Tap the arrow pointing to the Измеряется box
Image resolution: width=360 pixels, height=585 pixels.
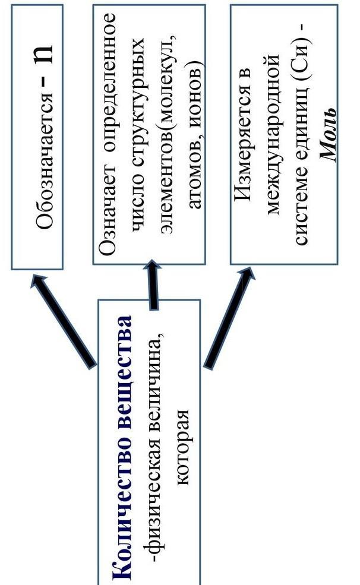(229, 321)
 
